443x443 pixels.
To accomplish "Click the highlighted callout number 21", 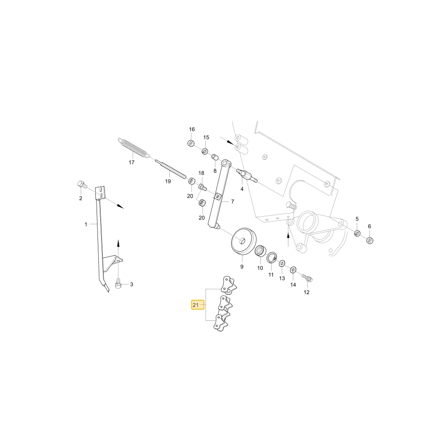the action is point(195,305).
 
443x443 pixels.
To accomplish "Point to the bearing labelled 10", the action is point(260,251).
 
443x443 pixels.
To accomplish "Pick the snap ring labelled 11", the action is point(272,257).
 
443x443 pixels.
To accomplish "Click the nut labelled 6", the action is point(370,241).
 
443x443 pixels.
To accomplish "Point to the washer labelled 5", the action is point(358,233).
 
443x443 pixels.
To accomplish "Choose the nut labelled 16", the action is point(191,143).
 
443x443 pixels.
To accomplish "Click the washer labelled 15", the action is point(205,151).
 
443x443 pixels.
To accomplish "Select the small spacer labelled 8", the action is point(215,157).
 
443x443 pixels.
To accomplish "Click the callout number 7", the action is point(233,202).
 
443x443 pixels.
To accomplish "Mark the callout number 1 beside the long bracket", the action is point(86,224).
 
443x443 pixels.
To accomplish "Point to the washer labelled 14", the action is point(293,269).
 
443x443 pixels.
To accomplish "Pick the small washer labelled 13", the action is point(282,264).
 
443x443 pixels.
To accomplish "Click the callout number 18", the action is point(201,173).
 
